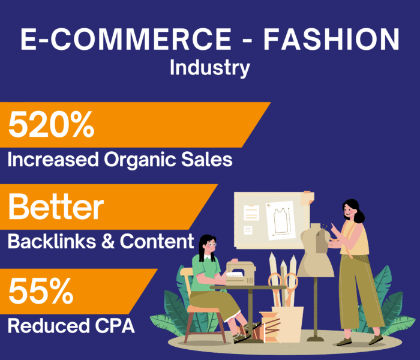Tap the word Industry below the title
tap(209, 68)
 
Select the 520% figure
tap(52, 125)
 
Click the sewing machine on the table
tap(240, 273)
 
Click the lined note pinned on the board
tap(251, 212)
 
